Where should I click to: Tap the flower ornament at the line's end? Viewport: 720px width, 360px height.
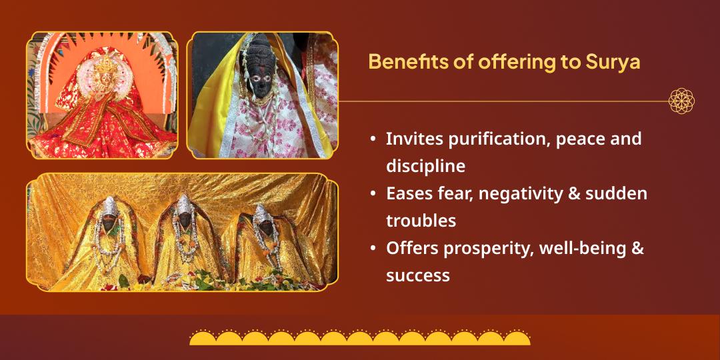click(x=681, y=101)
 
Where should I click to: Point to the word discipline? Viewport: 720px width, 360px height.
click(x=425, y=166)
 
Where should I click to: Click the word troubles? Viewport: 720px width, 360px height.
click(x=421, y=221)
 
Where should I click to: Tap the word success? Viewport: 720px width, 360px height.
click(x=418, y=276)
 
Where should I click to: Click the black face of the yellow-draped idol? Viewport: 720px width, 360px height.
click(x=262, y=79)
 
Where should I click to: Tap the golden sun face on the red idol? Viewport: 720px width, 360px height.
click(x=105, y=76)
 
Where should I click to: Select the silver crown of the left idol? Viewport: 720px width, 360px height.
click(x=109, y=207)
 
